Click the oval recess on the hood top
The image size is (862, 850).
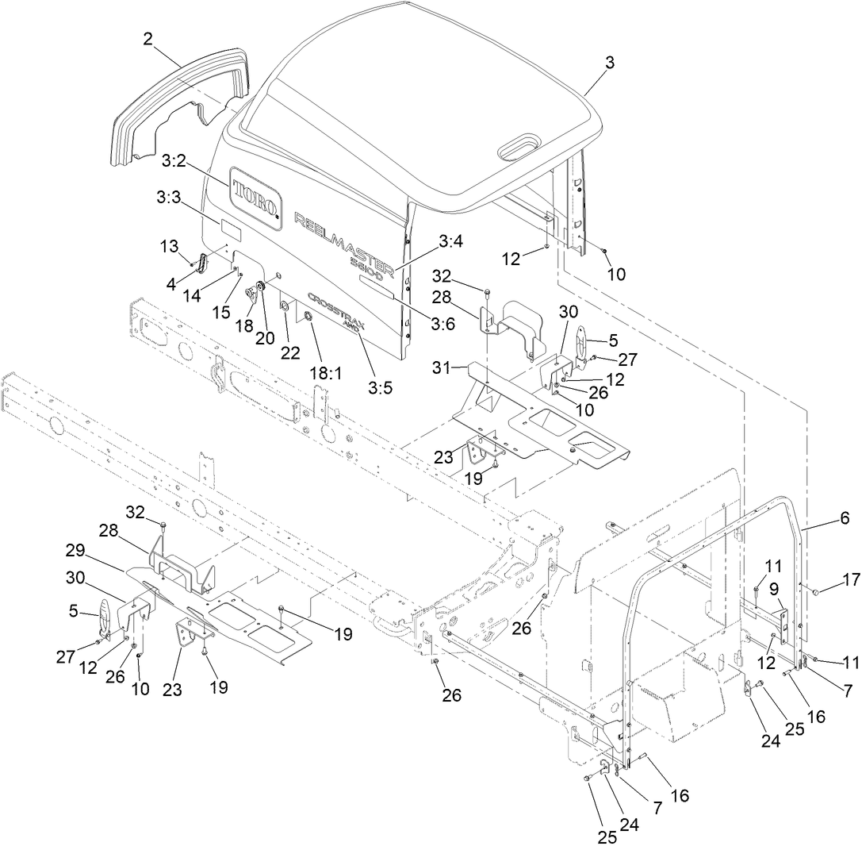(x=519, y=146)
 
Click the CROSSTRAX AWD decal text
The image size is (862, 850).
(x=328, y=314)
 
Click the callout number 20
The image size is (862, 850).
(x=265, y=338)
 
